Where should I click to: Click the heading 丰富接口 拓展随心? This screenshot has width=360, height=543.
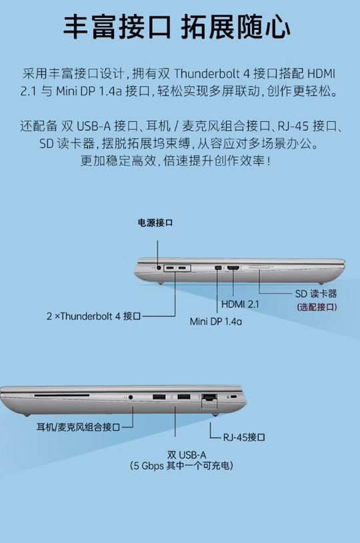[x=177, y=27]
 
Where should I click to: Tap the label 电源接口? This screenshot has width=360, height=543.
[x=155, y=223]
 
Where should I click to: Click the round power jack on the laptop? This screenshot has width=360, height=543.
[x=159, y=268]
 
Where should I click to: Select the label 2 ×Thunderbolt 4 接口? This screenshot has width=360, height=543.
[x=93, y=316]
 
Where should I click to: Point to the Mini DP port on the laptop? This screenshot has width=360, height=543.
[x=218, y=268]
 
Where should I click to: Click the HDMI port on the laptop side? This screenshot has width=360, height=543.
[x=233, y=268]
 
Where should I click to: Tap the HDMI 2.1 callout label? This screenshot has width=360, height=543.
[x=240, y=304]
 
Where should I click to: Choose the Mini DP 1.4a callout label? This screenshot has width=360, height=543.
[x=215, y=321]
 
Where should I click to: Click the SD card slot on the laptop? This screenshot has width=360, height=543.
[x=259, y=267]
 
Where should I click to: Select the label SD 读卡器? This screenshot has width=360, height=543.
[x=315, y=294]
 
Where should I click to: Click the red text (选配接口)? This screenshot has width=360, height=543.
[x=317, y=307]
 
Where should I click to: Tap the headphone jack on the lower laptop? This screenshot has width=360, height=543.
[x=131, y=397]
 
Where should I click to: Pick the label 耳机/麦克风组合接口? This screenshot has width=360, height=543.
[x=78, y=427]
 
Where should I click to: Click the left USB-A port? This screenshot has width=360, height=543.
[x=159, y=397]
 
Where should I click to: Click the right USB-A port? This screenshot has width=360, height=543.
[x=183, y=397]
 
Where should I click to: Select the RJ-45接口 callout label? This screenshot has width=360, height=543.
[x=244, y=437]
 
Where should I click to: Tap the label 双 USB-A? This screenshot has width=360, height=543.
[x=181, y=454]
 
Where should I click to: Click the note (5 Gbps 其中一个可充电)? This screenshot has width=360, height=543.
[x=181, y=466]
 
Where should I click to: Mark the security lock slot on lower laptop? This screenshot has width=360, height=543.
[x=233, y=396]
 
